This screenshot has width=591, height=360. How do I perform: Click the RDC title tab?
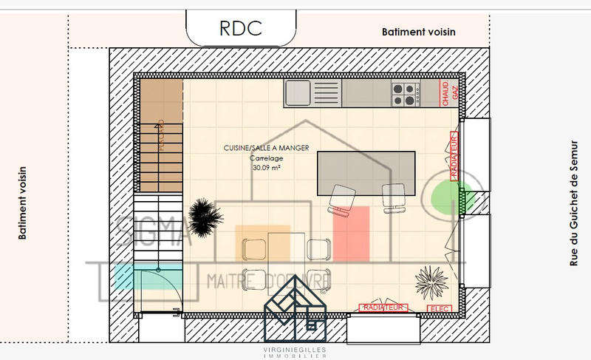(241, 28)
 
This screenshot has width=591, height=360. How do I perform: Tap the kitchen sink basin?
(298, 93)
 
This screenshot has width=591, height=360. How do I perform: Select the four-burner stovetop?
(404, 94)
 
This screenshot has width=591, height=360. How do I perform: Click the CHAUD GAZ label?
(449, 93)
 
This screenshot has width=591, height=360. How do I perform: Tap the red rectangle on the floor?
(351, 234)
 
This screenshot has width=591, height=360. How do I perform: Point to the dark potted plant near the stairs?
(205, 216)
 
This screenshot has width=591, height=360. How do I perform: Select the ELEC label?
(438, 309)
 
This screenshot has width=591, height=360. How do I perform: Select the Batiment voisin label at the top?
(418, 33)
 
